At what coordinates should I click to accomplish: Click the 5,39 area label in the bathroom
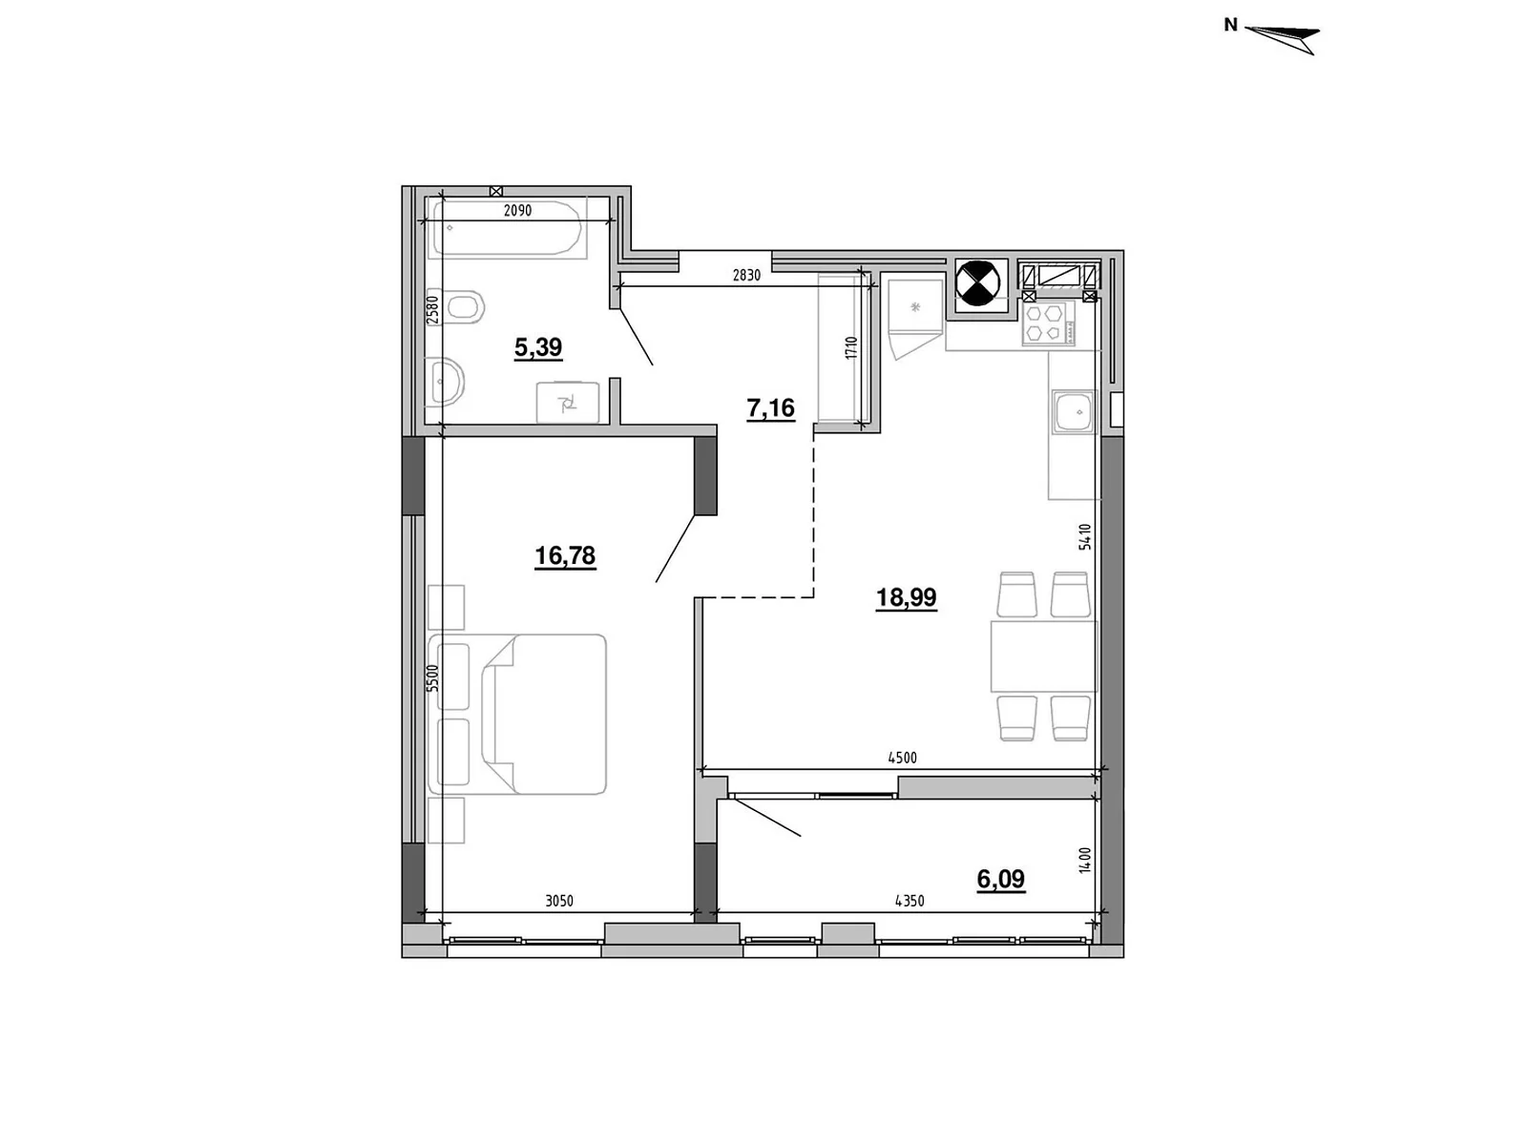click(x=537, y=346)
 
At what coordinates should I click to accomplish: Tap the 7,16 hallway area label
click(x=770, y=408)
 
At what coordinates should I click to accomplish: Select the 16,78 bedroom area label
click(x=565, y=555)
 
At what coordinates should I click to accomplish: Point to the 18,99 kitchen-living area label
click(x=906, y=597)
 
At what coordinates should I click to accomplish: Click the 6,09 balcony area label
click(x=1000, y=880)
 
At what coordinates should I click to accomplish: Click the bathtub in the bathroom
click(x=507, y=228)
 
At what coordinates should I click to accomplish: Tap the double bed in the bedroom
click(x=517, y=714)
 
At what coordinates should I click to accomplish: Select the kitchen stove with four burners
click(x=1048, y=324)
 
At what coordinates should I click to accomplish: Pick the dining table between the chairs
click(x=1043, y=656)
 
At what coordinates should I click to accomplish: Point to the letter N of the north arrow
click(x=1230, y=25)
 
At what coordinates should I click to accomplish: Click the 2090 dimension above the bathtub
click(x=517, y=211)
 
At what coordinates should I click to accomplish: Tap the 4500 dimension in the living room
click(x=902, y=758)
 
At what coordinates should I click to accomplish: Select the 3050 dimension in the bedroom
click(x=558, y=902)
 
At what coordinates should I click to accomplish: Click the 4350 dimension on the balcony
click(x=910, y=902)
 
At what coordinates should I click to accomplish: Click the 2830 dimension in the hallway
click(x=746, y=276)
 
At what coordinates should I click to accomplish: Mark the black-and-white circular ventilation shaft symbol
click(x=977, y=283)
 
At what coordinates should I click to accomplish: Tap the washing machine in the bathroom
click(x=568, y=402)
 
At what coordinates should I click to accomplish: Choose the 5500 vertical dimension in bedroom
click(x=432, y=677)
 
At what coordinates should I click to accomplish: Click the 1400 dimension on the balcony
click(x=1085, y=860)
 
